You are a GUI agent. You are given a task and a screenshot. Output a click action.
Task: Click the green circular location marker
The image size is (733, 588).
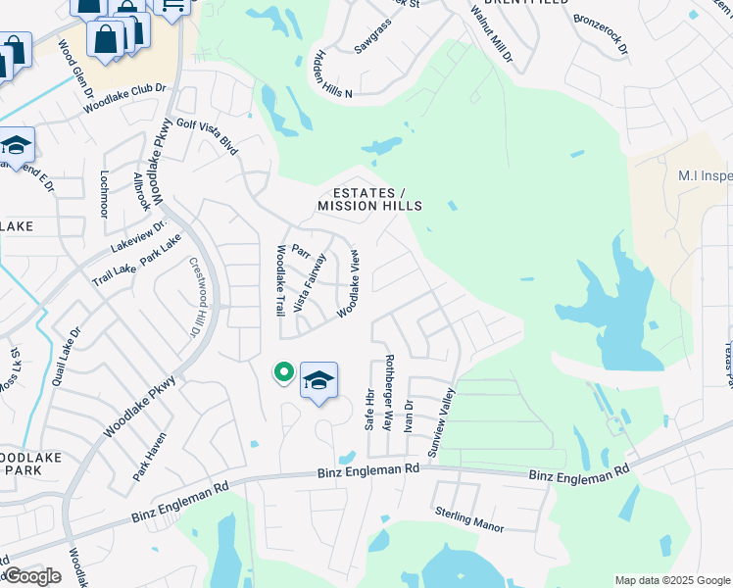tap(284, 372)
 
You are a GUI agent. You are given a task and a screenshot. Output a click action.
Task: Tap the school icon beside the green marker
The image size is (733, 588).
tap(318, 380)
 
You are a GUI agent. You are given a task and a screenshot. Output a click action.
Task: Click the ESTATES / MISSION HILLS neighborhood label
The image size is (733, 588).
tap(369, 199)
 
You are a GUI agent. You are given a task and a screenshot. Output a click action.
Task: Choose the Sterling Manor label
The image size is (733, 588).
tap(469, 520)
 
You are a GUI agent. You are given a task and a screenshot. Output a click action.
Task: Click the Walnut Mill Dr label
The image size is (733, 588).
tap(491, 32)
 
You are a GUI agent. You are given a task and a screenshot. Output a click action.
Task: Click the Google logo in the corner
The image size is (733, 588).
tap(32, 576)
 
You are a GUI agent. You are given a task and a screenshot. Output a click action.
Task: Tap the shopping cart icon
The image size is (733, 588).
tap(172, 8)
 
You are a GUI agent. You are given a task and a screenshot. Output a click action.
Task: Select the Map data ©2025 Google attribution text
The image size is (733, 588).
tap(671, 580)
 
